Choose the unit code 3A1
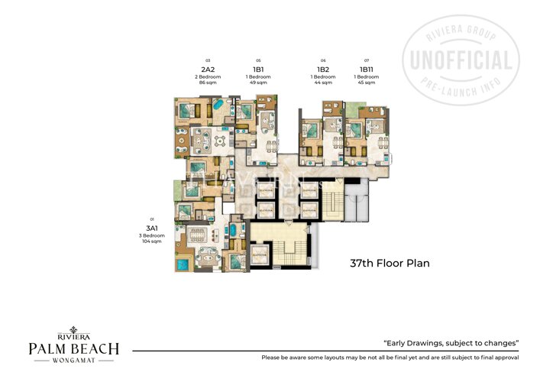pyautogui.click(x=152, y=228)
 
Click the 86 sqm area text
pyautogui.click(x=208, y=83)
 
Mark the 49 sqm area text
pyautogui.click(x=259, y=83)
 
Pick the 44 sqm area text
pyautogui.click(x=323, y=83)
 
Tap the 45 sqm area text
pyautogui.click(x=367, y=83)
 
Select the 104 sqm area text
pyautogui.click(x=152, y=241)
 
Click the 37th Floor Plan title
pyautogui.click(x=390, y=264)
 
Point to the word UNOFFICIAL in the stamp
pyautogui.click(x=462, y=60)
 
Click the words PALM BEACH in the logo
pyautogui.click(x=73, y=349)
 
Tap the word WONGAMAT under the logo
pyautogui.click(x=73, y=362)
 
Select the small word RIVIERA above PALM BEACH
pyautogui.click(x=73, y=335)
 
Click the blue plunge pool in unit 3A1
pyautogui.click(x=183, y=264)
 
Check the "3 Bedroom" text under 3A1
pyautogui.click(x=152, y=235)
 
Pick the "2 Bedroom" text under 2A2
pyautogui.click(x=208, y=76)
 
